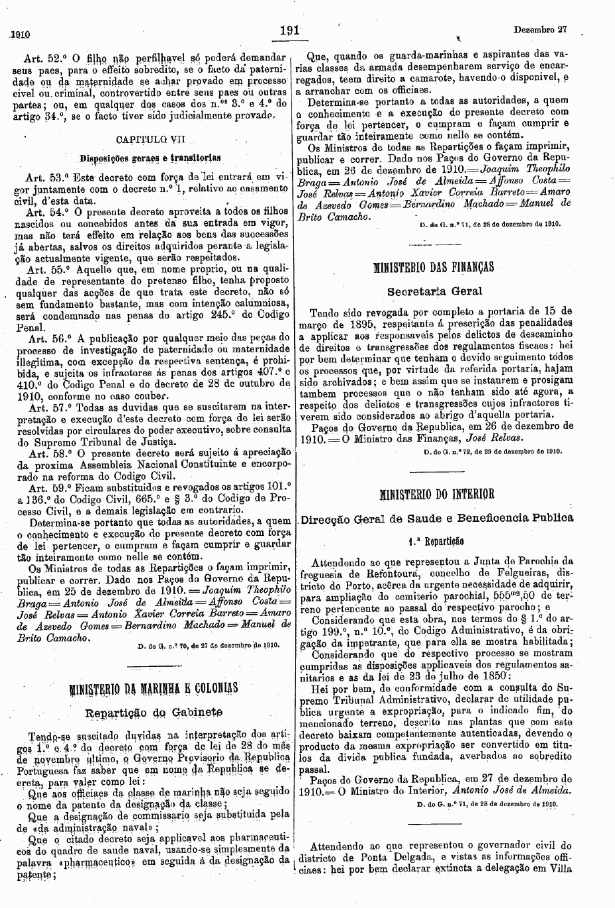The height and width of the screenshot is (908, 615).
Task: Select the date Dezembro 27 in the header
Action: [x=540, y=30]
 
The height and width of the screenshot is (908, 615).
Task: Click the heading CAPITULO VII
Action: [x=142, y=140]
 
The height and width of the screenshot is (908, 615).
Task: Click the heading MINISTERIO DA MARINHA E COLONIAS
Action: [x=149, y=687]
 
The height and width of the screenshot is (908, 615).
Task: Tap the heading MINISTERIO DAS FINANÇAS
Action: [x=434, y=267]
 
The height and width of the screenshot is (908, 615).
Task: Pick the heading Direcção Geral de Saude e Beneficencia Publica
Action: [x=437, y=518]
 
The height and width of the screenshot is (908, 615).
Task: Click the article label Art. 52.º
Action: [x=42, y=57]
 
